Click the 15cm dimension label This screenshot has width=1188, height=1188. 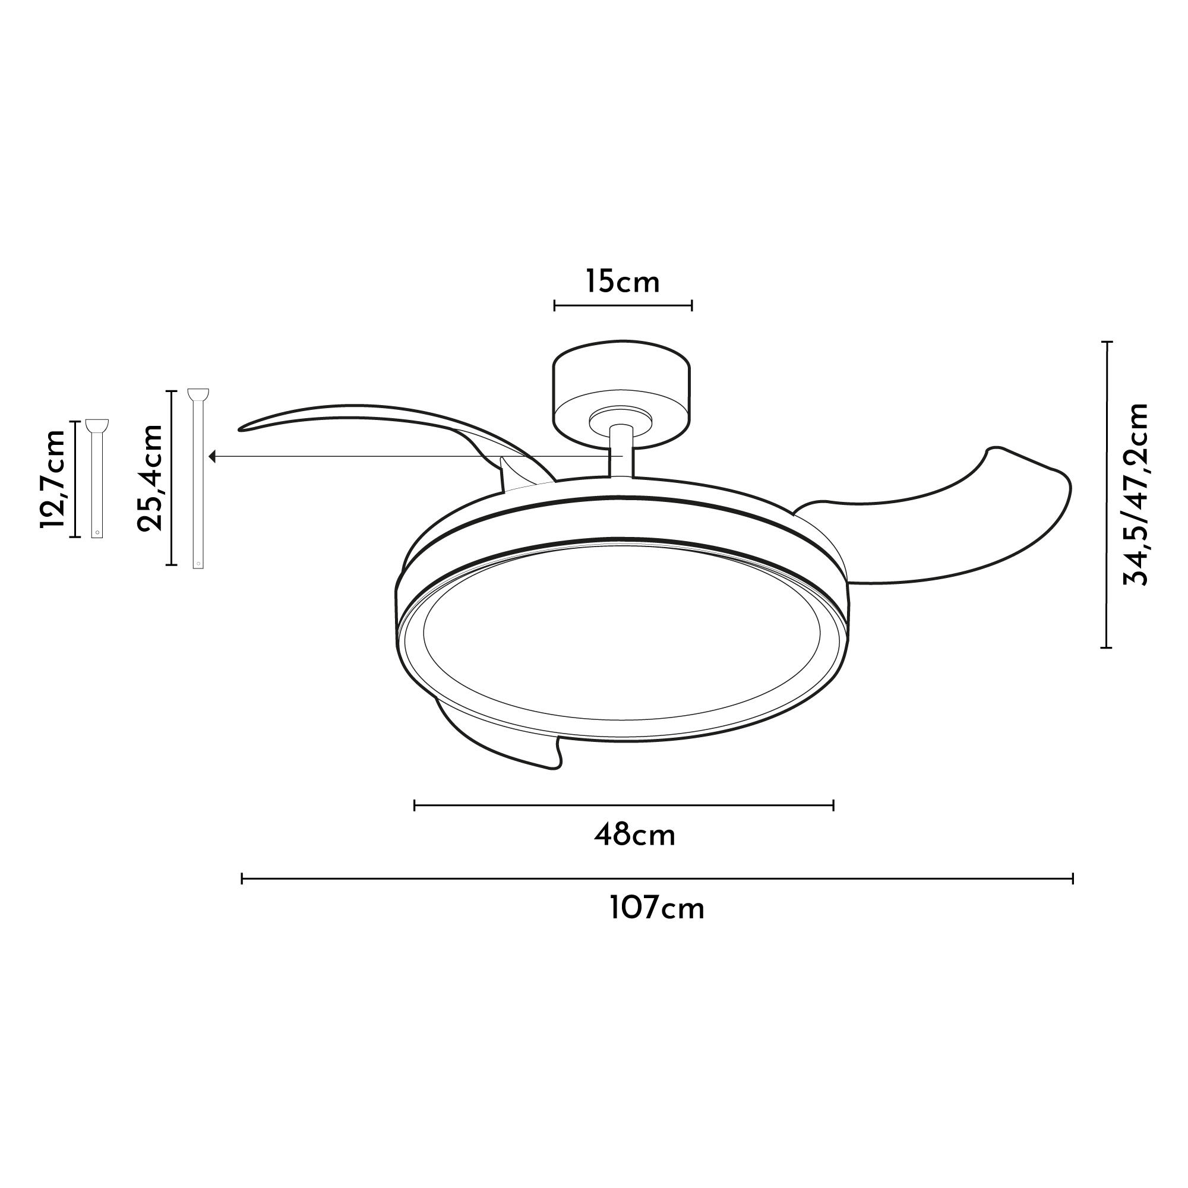[623, 282]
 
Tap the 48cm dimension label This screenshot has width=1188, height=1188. [634, 836]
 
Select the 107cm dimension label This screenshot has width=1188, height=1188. [657, 909]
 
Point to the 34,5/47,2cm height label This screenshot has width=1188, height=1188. [1135, 494]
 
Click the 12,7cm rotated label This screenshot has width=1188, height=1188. [53, 478]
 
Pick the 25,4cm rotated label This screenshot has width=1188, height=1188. [150, 477]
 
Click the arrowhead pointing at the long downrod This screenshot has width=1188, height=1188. [213, 456]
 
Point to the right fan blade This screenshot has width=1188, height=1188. [959, 523]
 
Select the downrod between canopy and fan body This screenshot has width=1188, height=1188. [621, 452]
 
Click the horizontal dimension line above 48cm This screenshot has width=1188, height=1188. [624, 805]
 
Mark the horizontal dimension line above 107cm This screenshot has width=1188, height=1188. [657, 879]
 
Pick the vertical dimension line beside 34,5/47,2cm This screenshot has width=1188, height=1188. [1107, 494]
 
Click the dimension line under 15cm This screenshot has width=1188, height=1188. [623, 305]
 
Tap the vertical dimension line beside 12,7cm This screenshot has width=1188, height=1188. [75, 478]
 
